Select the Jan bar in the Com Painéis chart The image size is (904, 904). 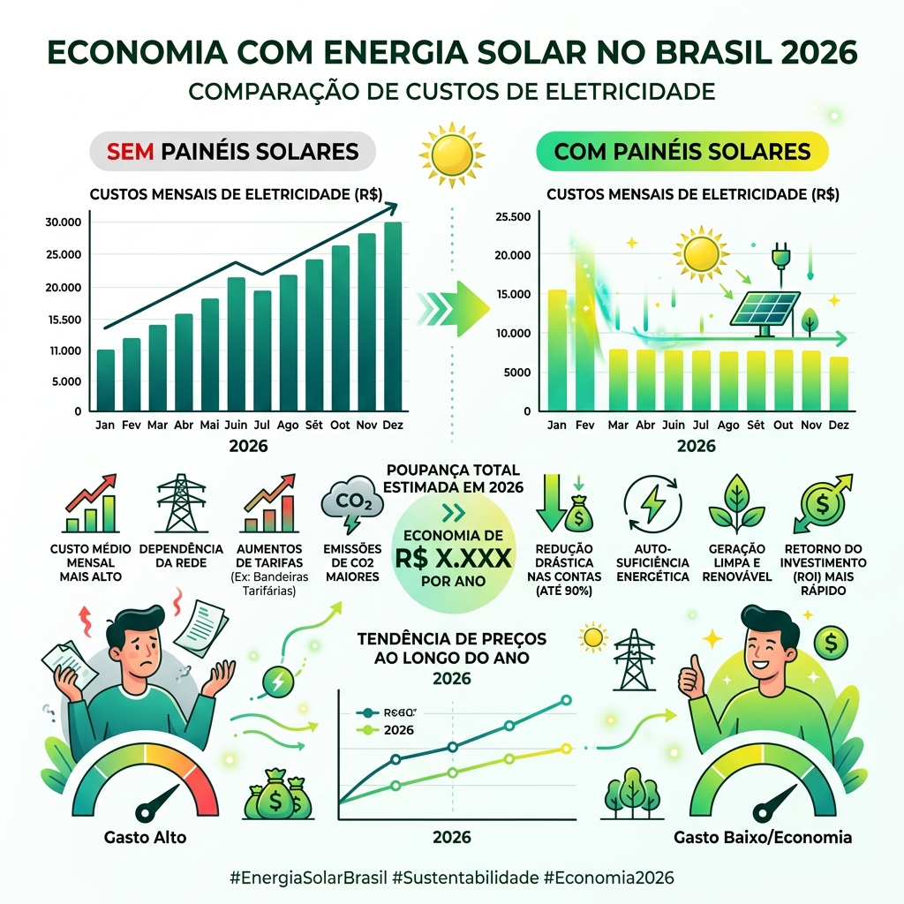click(557, 350)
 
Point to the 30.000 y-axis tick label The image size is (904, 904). click(63, 222)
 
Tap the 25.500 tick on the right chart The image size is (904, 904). click(515, 217)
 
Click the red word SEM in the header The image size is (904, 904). click(131, 151)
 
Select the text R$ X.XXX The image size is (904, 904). click(451, 558)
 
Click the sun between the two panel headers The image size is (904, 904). click(451, 149)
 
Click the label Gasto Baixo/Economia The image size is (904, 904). click(762, 837)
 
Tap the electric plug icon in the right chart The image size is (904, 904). click(780, 255)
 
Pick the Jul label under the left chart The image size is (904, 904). click(262, 425)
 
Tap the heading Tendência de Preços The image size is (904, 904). click(451, 637)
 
